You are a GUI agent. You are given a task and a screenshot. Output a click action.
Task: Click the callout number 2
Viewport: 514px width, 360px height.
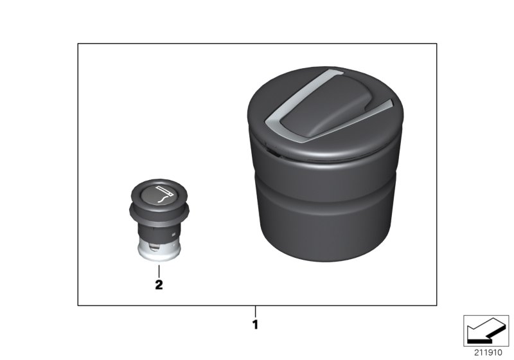click(x=158, y=284)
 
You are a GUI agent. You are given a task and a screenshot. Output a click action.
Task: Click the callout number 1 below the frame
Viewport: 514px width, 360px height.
click(x=255, y=325)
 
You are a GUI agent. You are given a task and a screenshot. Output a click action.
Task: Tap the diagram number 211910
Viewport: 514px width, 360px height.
click(x=486, y=353)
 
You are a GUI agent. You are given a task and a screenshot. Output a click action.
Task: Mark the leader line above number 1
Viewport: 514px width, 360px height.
click(x=255, y=312)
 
